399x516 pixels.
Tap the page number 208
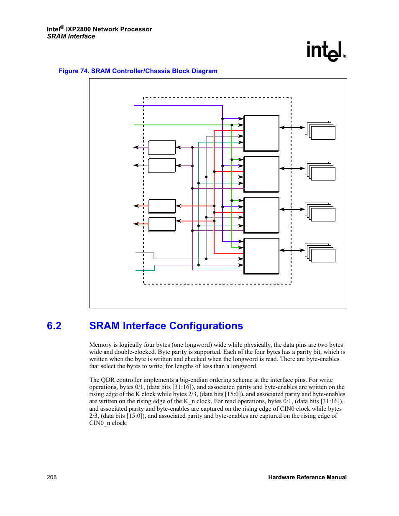point(51,477)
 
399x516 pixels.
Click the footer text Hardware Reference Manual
point(307,477)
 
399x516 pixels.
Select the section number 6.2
point(54,325)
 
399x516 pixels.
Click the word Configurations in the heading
point(206,326)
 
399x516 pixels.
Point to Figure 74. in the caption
point(74,71)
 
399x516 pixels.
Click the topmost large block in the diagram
point(261,133)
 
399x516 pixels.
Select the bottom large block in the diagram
point(261,256)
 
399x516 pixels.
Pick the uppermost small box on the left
point(162,147)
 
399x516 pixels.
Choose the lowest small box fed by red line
point(162,224)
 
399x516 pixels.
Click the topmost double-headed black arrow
point(292,127)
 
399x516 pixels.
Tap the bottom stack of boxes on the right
point(320,253)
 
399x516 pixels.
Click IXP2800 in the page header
point(79,29)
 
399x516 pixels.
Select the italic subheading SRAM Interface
point(71,36)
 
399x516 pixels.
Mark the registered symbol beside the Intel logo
point(345,56)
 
